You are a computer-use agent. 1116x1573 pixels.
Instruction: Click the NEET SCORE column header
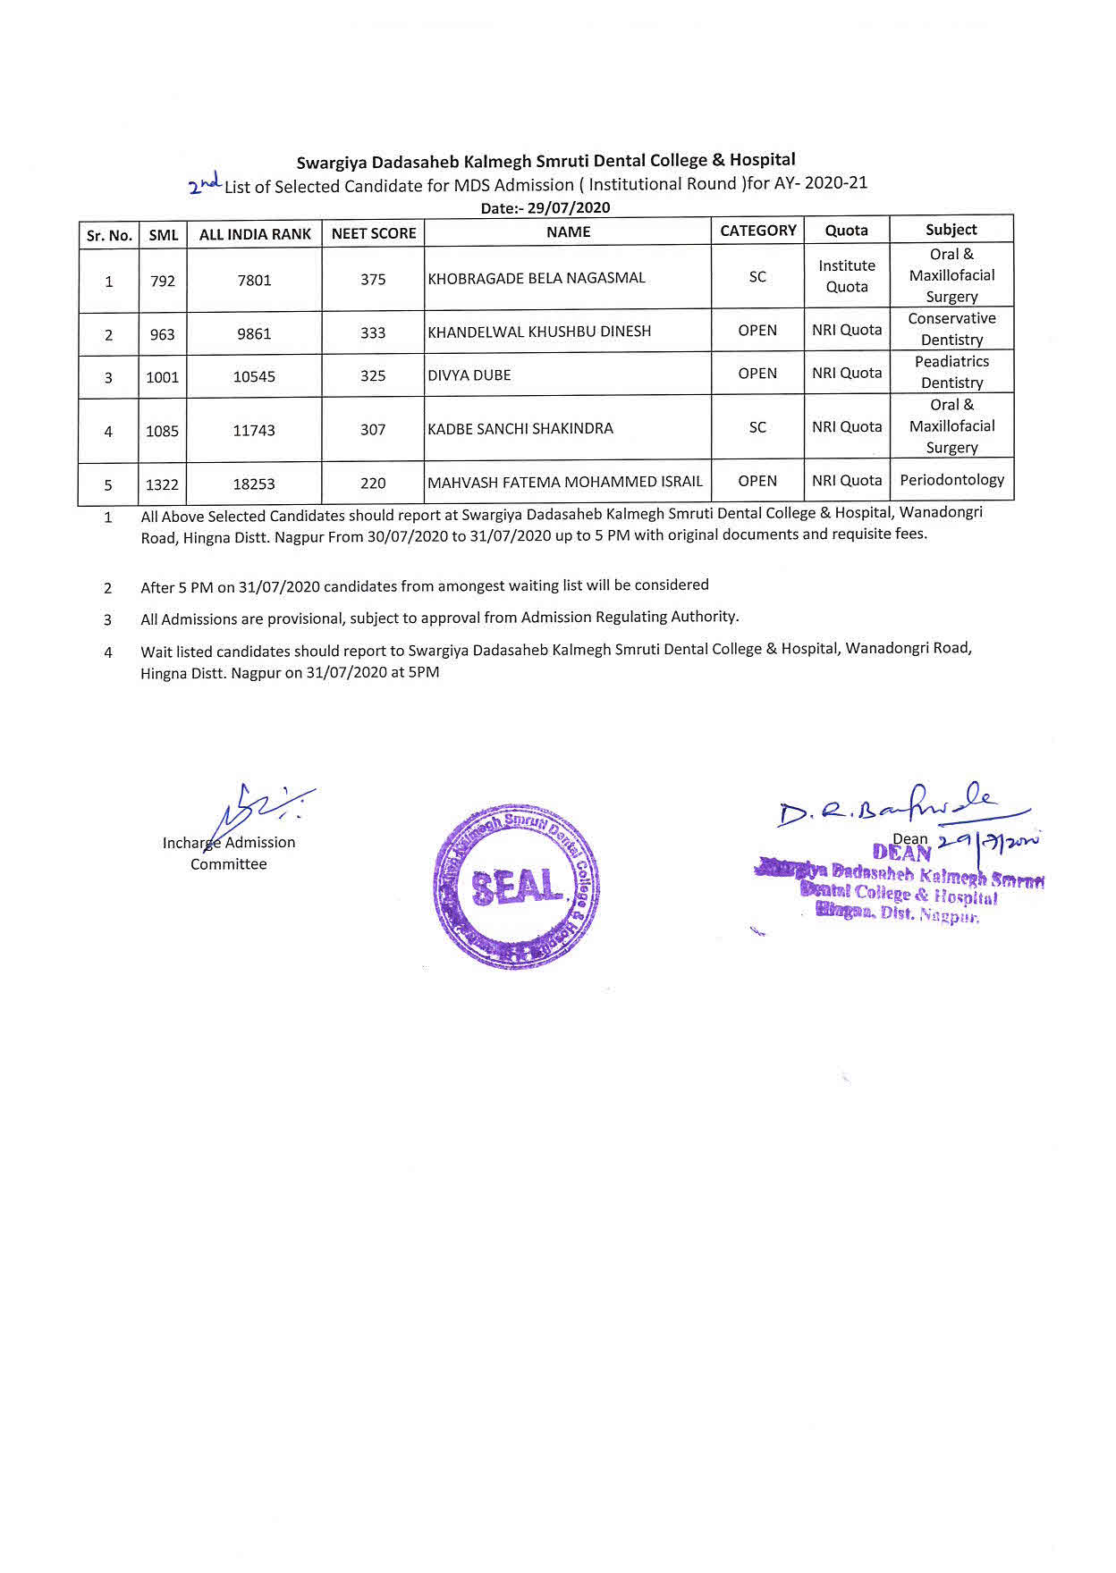click(x=374, y=233)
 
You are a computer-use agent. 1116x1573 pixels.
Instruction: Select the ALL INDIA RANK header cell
click(x=255, y=234)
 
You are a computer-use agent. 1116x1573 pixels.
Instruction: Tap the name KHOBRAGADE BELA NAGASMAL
click(x=537, y=278)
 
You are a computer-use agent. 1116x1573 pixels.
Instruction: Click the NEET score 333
click(x=373, y=333)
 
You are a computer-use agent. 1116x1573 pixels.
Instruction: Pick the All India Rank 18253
click(x=254, y=484)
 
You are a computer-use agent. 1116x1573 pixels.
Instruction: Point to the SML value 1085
click(x=163, y=431)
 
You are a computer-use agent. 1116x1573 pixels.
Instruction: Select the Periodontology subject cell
click(x=951, y=480)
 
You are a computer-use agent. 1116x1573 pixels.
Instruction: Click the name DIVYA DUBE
click(x=469, y=375)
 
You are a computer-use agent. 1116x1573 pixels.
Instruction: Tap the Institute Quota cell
click(x=847, y=276)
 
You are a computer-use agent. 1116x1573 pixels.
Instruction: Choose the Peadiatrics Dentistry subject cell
click(x=951, y=372)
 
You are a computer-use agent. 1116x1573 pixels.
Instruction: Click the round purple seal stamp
click(x=517, y=887)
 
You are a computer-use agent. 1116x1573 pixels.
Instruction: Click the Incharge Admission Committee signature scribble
click(x=259, y=810)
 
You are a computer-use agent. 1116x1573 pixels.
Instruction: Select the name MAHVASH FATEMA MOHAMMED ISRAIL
click(x=565, y=482)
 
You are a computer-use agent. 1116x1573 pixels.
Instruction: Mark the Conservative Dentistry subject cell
click(x=951, y=329)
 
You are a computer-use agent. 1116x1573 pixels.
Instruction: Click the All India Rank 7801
click(x=254, y=281)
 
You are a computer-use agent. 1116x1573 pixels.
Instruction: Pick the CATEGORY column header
click(x=758, y=231)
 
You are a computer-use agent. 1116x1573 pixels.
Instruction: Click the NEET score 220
click(x=373, y=484)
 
